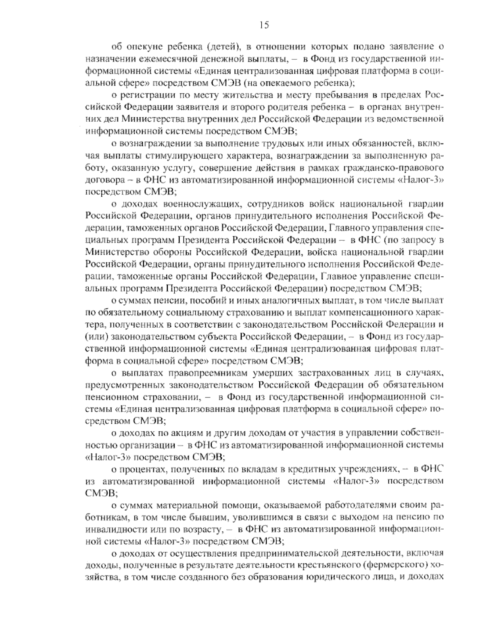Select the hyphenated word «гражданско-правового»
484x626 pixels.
coord(398,167)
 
